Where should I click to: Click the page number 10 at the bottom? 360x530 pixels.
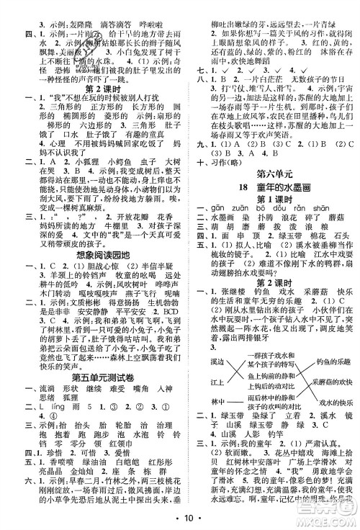[180, 516]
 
